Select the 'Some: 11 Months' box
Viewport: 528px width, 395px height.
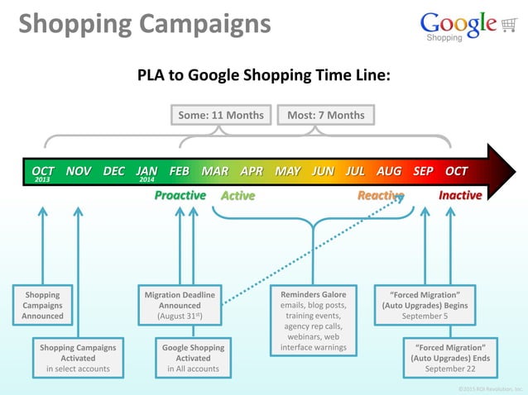point(221,115)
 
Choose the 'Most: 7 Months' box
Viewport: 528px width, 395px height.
point(325,115)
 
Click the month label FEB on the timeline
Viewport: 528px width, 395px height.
point(179,171)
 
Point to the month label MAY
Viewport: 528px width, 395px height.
point(287,171)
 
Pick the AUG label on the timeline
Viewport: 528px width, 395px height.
point(389,171)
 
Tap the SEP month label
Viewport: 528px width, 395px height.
point(423,171)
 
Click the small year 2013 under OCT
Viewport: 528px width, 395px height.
point(42,180)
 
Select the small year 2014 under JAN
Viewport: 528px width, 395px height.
point(147,180)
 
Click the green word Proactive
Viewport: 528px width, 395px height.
point(180,196)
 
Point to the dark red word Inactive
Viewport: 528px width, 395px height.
point(460,196)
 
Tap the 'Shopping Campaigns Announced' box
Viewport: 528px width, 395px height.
point(42,305)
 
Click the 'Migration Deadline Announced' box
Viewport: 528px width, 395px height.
point(180,305)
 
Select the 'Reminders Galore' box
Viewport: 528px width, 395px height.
point(314,321)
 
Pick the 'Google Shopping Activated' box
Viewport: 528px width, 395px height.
point(193,358)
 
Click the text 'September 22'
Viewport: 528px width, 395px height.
point(450,369)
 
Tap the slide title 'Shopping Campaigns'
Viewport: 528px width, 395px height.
point(144,24)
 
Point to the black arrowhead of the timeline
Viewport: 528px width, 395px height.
point(501,172)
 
